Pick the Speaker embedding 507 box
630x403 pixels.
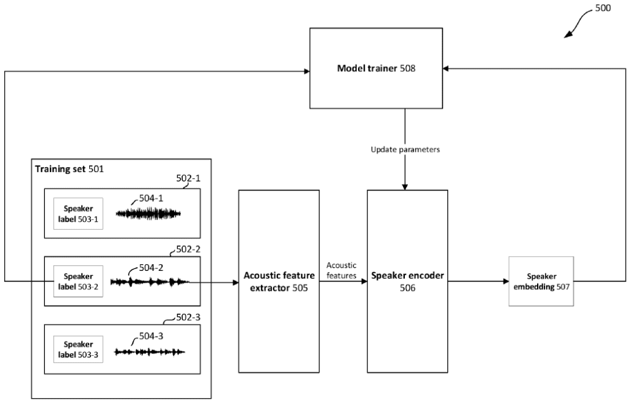pyautogui.click(x=541, y=281)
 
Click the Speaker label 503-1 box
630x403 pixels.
pyautogui.click(x=78, y=214)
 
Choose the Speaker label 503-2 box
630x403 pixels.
pyautogui.click(x=78, y=281)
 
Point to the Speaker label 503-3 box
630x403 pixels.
pyautogui.click(x=78, y=349)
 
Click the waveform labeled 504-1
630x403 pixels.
pyautogui.click(x=148, y=214)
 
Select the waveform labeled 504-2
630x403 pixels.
pyautogui.click(x=150, y=282)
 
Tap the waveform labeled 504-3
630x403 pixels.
pyautogui.click(x=150, y=352)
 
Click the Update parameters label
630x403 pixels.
pyautogui.click(x=405, y=149)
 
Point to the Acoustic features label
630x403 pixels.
pyautogui.click(x=341, y=270)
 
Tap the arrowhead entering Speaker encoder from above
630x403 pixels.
pyautogui.click(x=405, y=186)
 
